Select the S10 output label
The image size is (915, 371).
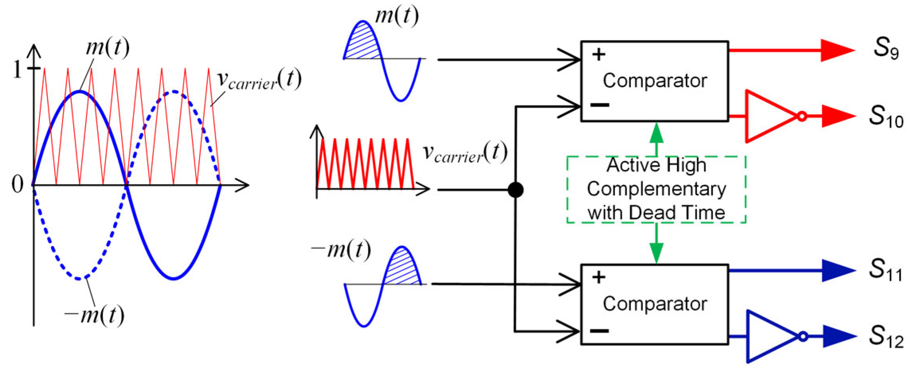886,117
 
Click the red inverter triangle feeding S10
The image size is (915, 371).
768,116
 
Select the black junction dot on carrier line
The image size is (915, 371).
516,190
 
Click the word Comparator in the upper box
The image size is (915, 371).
655,81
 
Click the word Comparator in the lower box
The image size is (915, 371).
655,304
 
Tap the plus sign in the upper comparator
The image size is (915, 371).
598,54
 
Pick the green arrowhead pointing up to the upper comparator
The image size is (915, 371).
656,133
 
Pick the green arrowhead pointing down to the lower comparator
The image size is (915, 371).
656,253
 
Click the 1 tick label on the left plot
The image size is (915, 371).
17,70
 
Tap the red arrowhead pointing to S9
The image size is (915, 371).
836,51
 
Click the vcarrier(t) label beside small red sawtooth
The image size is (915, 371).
464,153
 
